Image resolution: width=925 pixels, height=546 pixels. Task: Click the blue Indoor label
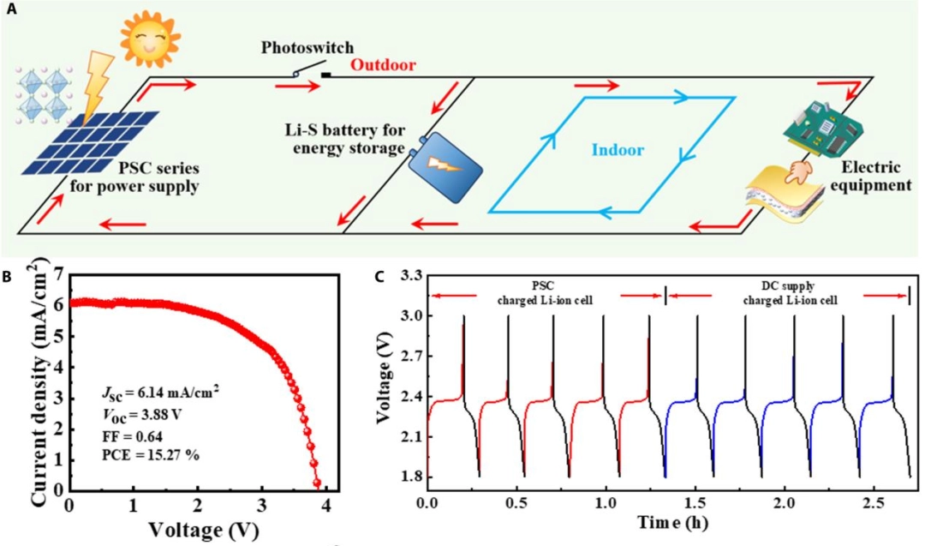tap(617, 150)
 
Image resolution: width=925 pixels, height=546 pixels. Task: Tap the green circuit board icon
tap(821, 127)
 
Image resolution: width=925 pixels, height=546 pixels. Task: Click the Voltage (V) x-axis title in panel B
tap(200, 529)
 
